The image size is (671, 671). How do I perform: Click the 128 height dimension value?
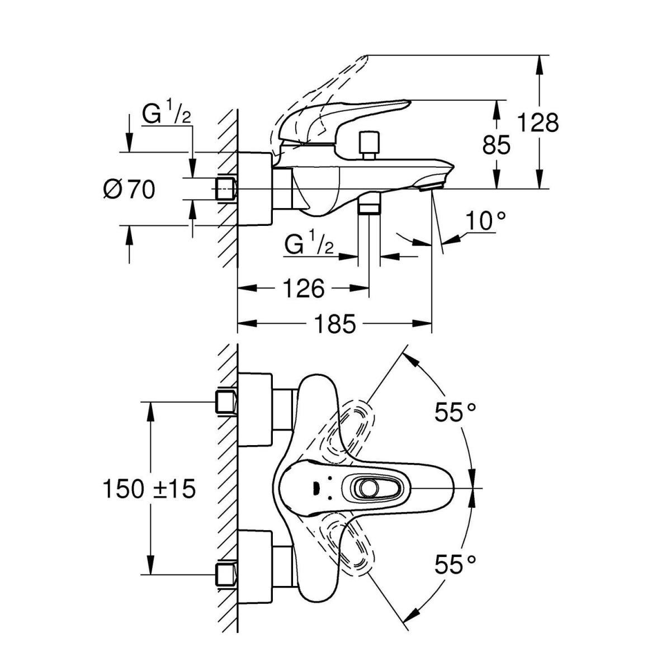coord(537,122)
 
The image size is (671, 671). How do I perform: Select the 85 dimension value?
coord(497,145)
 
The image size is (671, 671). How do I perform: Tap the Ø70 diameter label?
coord(129,190)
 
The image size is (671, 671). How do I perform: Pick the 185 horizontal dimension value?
coord(334,324)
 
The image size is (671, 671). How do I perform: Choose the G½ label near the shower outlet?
coord(309,244)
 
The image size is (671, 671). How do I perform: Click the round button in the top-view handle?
coord(368,489)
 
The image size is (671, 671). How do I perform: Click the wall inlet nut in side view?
coord(226,189)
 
